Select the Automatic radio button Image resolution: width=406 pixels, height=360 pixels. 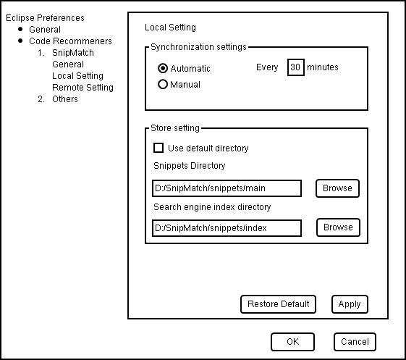(x=163, y=68)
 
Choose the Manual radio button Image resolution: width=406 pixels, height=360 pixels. (x=163, y=84)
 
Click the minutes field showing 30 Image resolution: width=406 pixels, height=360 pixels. (x=296, y=67)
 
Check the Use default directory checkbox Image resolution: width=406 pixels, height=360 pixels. (x=158, y=148)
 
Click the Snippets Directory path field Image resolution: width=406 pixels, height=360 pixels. (x=227, y=188)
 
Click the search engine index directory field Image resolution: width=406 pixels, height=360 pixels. (x=227, y=228)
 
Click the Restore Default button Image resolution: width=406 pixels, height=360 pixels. (x=278, y=304)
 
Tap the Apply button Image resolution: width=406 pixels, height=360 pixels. (x=350, y=304)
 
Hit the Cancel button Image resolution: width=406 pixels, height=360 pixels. (x=355, y=342)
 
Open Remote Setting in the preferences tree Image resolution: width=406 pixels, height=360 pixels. (x=83, y=88)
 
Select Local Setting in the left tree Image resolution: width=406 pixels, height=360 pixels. (x=77, y=76)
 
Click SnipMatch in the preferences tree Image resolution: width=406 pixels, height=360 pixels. (x=73, y=53)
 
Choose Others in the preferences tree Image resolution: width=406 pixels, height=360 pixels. (x=64, y=99)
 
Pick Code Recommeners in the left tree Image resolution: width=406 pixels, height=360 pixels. (x=70, y=41)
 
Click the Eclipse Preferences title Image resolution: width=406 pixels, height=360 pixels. (x=45, y=18)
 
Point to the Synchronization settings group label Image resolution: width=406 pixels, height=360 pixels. (x=198, y=47)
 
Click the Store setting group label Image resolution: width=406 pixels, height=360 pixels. (x=175, y=128)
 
